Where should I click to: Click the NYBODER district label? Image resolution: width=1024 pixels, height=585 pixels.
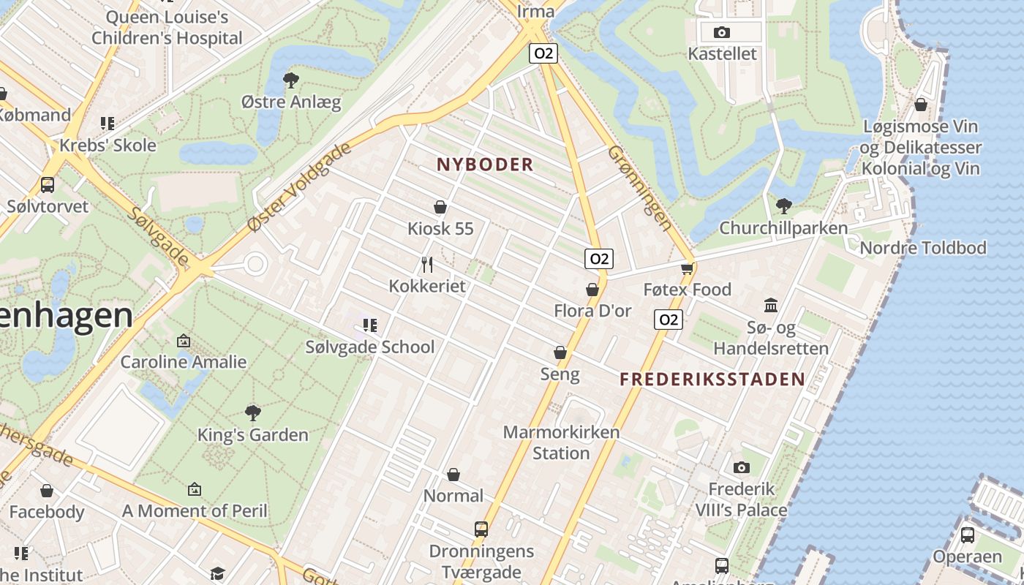(485, 165)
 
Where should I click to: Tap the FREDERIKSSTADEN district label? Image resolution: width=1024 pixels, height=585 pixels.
(712, 380)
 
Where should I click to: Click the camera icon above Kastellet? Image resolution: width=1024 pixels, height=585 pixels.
(721, 32)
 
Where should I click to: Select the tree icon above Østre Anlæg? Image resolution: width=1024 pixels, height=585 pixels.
(291, 80)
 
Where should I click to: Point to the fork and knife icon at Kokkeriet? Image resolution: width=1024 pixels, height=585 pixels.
(428, 264)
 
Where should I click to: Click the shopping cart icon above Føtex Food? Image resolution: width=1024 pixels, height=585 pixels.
(687, 268)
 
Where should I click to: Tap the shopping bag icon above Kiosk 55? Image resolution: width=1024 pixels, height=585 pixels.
(440, 207)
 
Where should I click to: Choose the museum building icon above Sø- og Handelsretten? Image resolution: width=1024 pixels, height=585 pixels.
(771, 305)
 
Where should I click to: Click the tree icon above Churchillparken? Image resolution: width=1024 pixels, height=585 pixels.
(783, 205)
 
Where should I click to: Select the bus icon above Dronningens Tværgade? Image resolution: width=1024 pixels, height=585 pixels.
(481, 529)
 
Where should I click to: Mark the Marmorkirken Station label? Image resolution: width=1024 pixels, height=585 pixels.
(561, 442)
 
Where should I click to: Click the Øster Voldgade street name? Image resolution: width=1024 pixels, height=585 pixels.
(300, 187)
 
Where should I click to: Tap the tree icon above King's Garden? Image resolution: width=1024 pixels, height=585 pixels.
(253, 413)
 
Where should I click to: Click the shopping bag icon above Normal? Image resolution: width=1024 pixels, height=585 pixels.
(453, 475)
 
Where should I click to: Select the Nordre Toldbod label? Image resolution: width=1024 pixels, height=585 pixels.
(923, 248)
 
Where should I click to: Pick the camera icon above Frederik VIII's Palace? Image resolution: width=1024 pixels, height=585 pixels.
(741, 467)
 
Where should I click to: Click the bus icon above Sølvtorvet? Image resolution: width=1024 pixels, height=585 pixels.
(48, 184)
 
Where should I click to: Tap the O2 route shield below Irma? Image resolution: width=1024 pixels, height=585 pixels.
(543, 53)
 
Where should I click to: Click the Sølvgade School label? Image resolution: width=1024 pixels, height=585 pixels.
(370, 347)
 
